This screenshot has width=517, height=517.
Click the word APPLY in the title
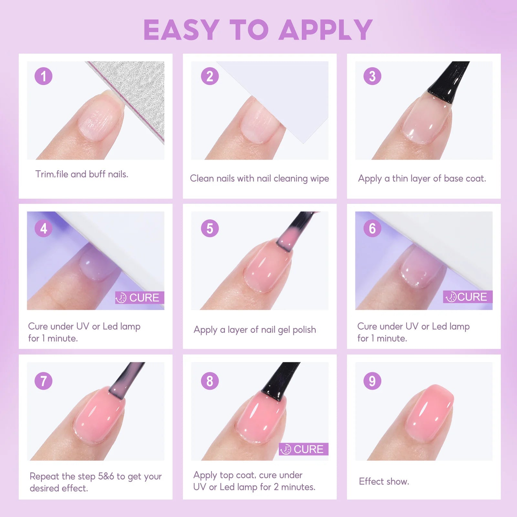pyautogui.click(x=326, y=30)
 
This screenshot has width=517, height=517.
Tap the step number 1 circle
pyautogui.click(x=43, y=76)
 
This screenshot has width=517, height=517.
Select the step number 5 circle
pyautogui.click(x=210, y=228)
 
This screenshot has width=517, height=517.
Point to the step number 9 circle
pyautogui.click(x=372, y=381)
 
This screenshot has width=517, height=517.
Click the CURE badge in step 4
pyautogui.click(x=140, y=298)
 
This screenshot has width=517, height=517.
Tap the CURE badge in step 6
pyautogui.click(x=468, y=297)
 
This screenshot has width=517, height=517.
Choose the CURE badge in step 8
pyautogui.click(x=303, y=449)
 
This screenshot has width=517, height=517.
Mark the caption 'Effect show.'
pyautogui.click(x=384, y=481)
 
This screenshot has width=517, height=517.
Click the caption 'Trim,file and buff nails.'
pyautogui.click(x=82, y=174)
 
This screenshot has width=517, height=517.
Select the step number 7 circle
pyautogui.click(x=43, y=381)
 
